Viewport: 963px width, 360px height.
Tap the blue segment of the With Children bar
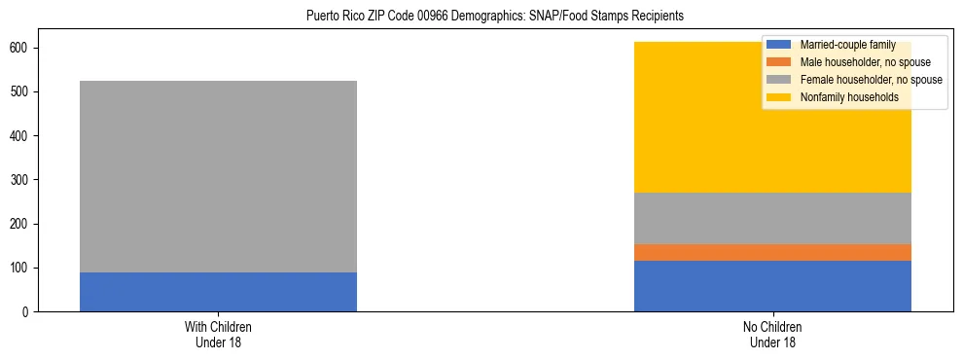[x=218, y=292]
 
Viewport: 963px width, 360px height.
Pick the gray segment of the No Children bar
[x=772, y=218]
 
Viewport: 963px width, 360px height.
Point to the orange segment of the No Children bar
[x=772, y=252]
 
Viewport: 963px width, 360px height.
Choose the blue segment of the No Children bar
[x=772, y=286]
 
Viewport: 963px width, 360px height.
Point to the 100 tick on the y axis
[x=21, y=269]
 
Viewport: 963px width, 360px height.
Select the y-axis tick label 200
[x=21, y=224]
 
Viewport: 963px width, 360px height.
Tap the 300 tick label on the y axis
[x=21, y=180]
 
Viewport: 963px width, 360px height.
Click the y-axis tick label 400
[x=21, y=136]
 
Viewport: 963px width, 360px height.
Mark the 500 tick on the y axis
[x=21, y=92]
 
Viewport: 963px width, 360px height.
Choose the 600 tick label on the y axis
[x=21, y=49]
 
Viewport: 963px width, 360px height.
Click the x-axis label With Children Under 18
[x=218, y=334]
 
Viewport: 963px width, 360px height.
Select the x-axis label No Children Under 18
[x=772, y=334]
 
